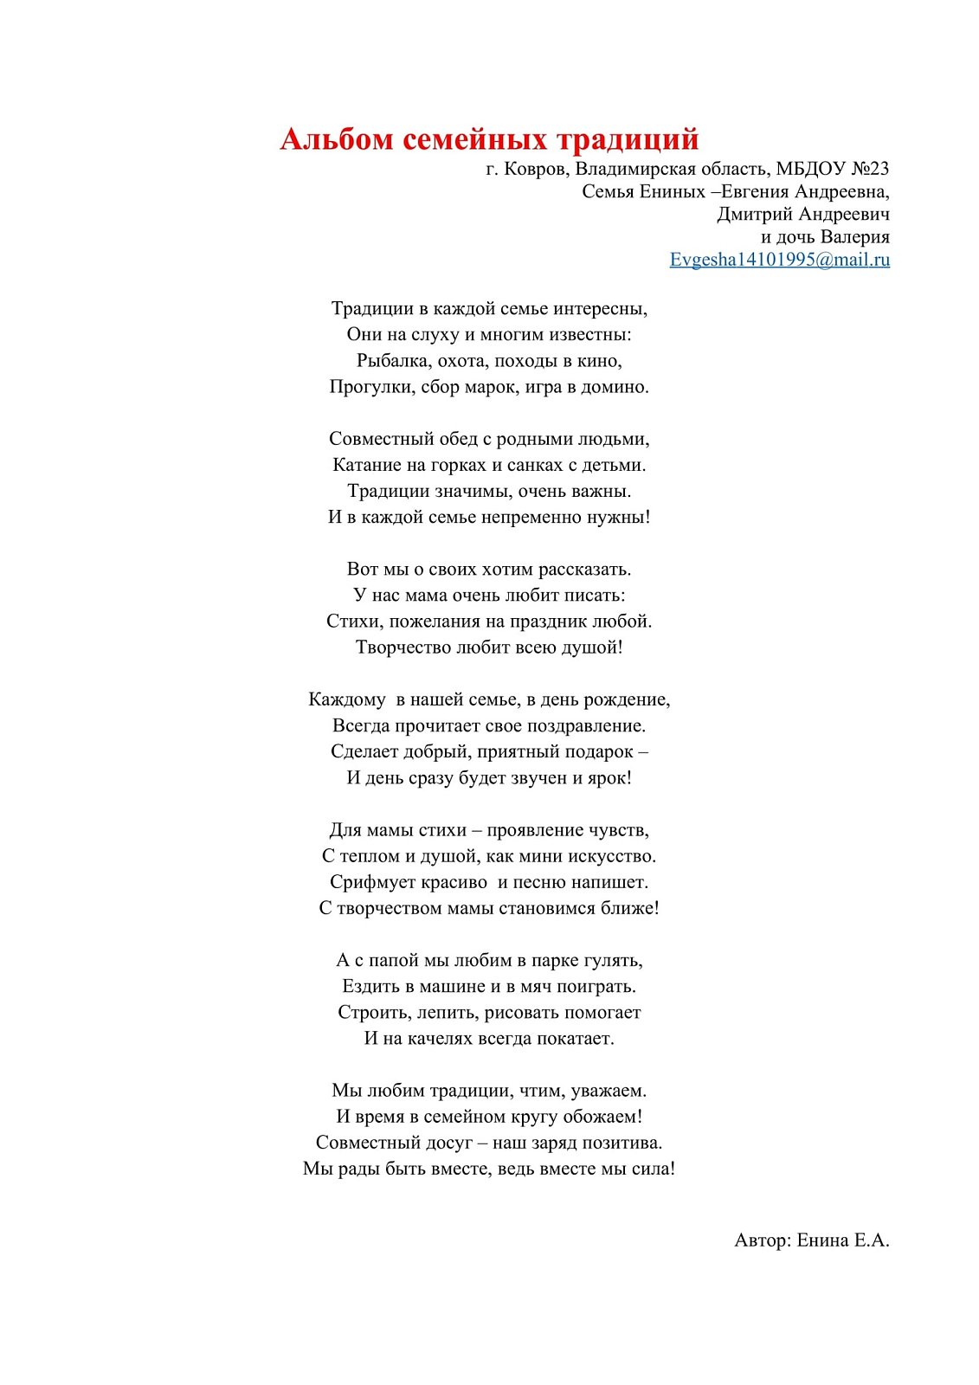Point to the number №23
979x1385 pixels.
pyautogui.click(x=869, y=169)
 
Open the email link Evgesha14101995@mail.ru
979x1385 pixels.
pyautogui.click(x=779, y=260)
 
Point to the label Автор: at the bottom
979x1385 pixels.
pyautogui.click(x=763, y=1240)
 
